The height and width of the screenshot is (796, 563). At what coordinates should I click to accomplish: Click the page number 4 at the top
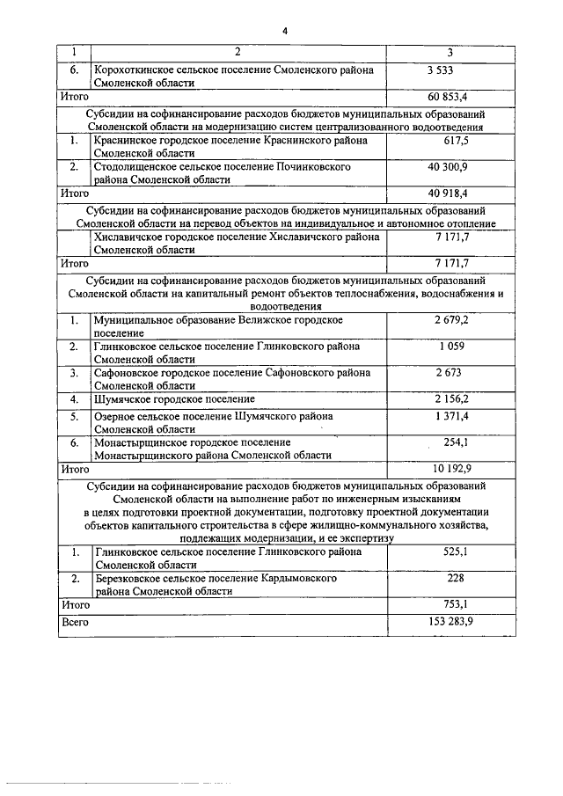(285, 32)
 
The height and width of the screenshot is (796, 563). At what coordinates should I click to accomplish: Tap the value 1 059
(452, 347)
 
